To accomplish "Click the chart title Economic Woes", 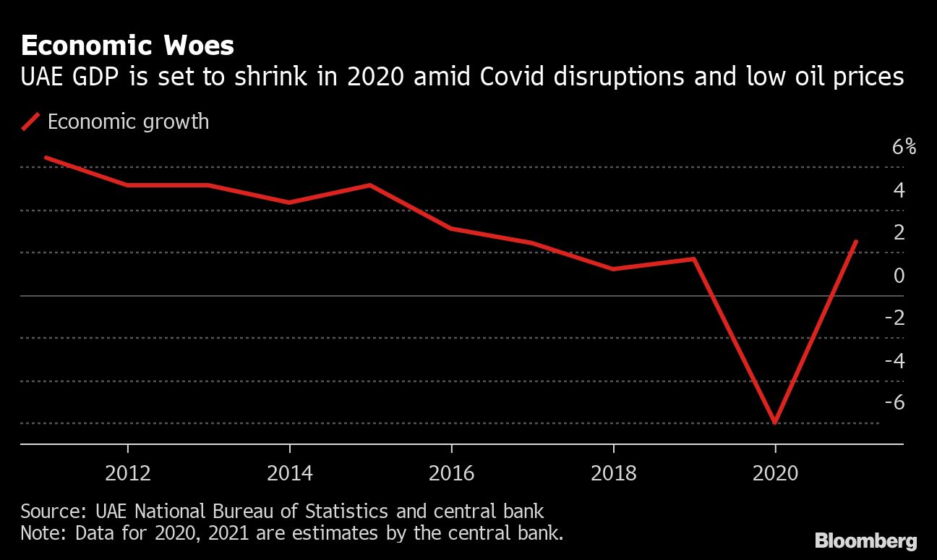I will [x=127, y=46].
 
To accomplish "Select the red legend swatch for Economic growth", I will [x=30, y=122].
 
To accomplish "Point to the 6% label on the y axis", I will [x=904, y=148].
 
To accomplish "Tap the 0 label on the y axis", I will [x=899, y=276].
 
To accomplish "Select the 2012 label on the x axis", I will [x=128, y=474].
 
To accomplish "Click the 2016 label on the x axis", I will [x=451, y=474].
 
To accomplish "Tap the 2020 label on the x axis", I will [x=775, y=474].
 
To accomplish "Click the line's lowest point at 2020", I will [x=775, y=422].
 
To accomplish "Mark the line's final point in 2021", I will [x=856, y=242].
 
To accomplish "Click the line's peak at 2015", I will [x=370, y=185].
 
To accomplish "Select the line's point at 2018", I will [x=613, y=268].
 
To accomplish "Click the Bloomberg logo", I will [x=866, y=540].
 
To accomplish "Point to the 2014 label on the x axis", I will [x=290, y=474].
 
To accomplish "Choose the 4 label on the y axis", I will [x=899, y=191].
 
